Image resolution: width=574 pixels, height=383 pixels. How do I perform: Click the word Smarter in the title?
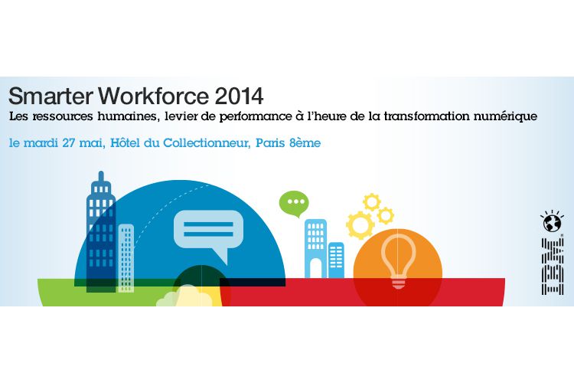pyautogui.click(x=51, y=96)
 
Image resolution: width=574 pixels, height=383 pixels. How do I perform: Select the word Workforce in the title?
pyautogui.click(x=153, y=96)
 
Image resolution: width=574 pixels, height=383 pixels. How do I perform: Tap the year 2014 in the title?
pyautogui.click(x=239, y=97)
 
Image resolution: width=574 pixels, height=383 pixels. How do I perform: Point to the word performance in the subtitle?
pyautogui.click(x=253, y=117)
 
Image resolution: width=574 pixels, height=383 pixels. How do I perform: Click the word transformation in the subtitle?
pyautogui.click(x=427, y=116)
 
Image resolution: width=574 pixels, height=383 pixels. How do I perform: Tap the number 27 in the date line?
pyautogui.click(x=68, y=142)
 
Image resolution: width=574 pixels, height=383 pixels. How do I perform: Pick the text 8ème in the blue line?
pyautogui.click(x=305, y=142)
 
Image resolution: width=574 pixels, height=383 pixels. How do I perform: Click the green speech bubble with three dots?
pyautogui.click(x=294, y=204)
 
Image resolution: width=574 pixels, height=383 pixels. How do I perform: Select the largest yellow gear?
pyautogui.click(x=360, y=225)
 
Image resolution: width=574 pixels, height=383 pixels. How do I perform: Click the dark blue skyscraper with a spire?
pyautogui.click(x=101, y=231)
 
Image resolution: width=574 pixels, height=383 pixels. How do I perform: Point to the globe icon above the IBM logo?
pyautogui.click(x=552, y=221)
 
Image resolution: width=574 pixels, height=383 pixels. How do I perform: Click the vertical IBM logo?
pyautogui.click(x=553, y=266)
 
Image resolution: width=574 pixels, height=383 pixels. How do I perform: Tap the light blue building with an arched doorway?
pyautogui.click(x=315, y=248)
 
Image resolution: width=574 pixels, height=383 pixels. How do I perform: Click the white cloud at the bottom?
pyautogui.click(x=184, y=297)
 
